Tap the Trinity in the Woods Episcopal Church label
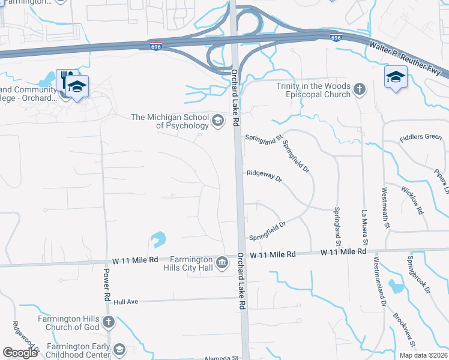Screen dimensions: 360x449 [x=313, y=90]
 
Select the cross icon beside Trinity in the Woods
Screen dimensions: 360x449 [x=359, y=90]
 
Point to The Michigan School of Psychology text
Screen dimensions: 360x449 [x=170, y=121]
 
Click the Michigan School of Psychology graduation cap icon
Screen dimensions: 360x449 [x=217, y=122]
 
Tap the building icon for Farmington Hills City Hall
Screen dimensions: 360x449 [x=221, y=262]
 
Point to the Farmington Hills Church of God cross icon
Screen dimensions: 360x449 [x=108, y=323]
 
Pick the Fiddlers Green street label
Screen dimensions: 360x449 [x=420, y=137]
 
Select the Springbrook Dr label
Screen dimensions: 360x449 [x=418, y=274]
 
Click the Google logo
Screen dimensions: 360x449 [x=20, y=353]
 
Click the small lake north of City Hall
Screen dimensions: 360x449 [x=157, y=239]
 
